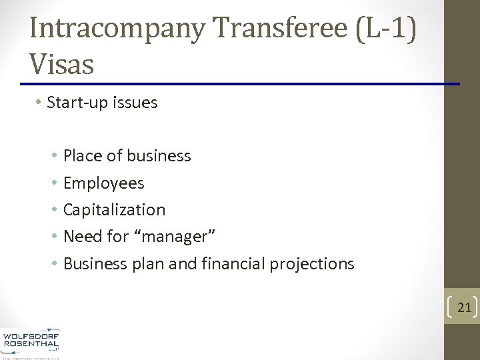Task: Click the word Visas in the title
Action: [x=62, y=64]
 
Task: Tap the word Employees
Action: [x=103, y=183]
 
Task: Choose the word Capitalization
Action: [x=114, y=210]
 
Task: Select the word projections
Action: [x=312, y=264]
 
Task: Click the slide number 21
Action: [x=464, y=307]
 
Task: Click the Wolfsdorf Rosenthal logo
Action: [x=31, y=339]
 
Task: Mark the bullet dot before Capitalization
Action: [x=54, y=210]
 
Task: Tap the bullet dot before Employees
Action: [x=54, y=183]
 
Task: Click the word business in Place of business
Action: [x=159, y=156]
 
